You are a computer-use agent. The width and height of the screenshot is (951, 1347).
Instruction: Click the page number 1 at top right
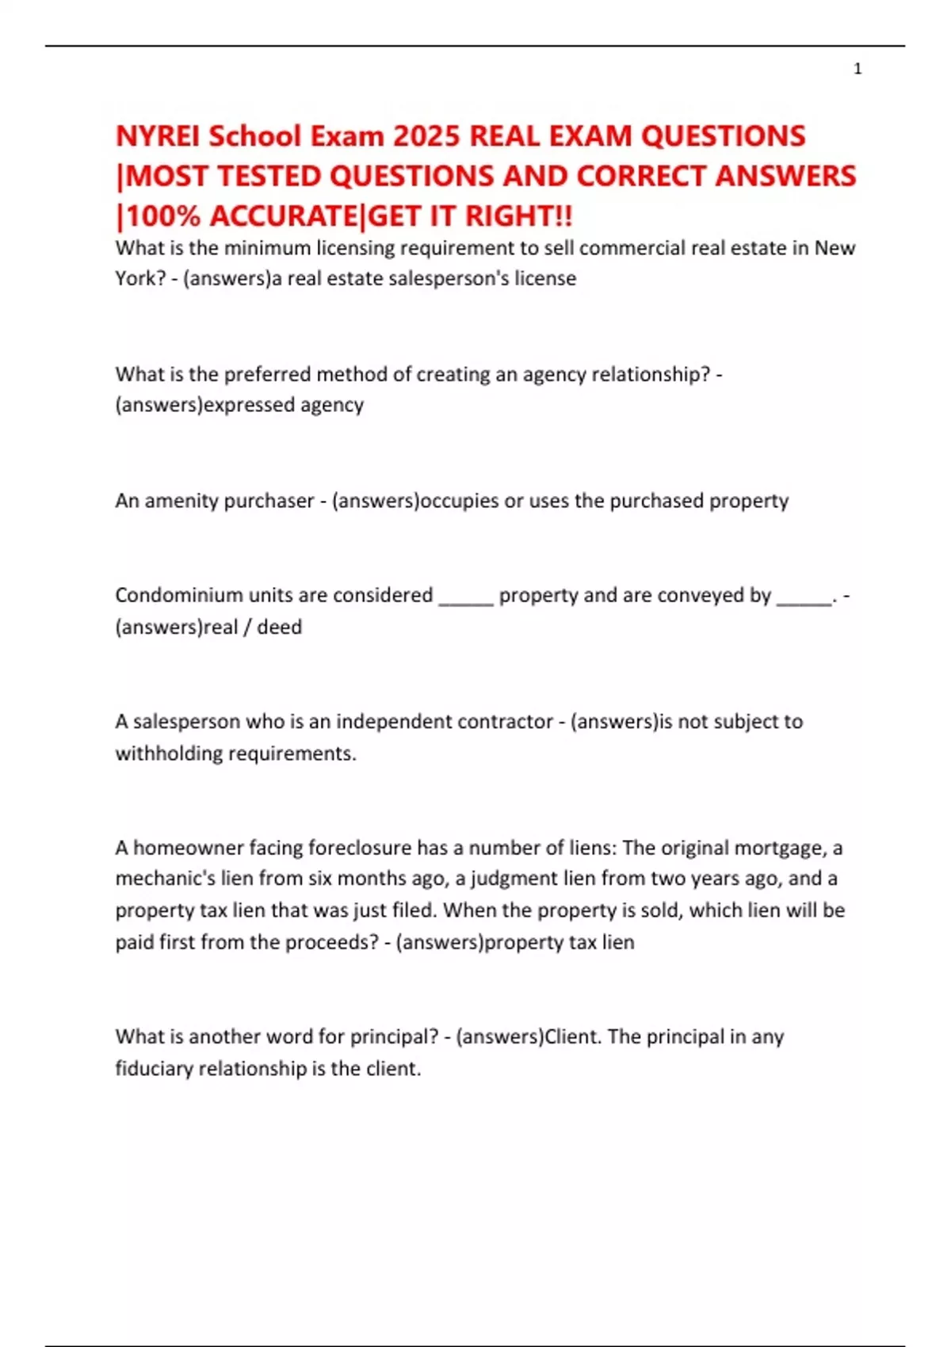[857, 69]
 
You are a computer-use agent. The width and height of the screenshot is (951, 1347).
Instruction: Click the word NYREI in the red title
[158, 136]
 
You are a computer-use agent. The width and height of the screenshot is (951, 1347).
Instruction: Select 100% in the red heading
[163, 216]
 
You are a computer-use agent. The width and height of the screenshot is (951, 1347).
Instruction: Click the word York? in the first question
[140, 278]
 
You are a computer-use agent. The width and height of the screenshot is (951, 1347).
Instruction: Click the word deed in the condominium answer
[279, 627]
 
